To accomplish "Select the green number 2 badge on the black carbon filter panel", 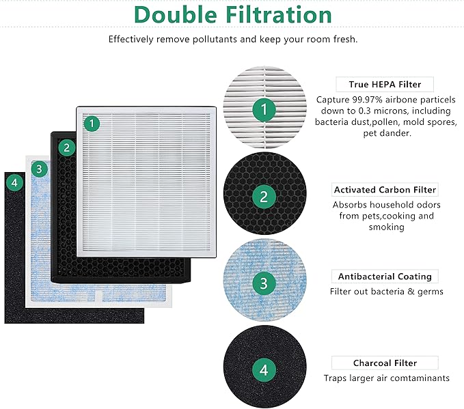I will [66, 146].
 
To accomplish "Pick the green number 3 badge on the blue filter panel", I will [40, 168].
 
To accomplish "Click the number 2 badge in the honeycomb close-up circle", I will [264, 197].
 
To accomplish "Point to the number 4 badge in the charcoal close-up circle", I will [264, 371].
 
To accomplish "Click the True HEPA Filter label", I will [385, 85].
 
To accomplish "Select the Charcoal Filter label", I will [385, 363].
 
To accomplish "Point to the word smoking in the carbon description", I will [385, 227].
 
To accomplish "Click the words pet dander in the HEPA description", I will [387, 133].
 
